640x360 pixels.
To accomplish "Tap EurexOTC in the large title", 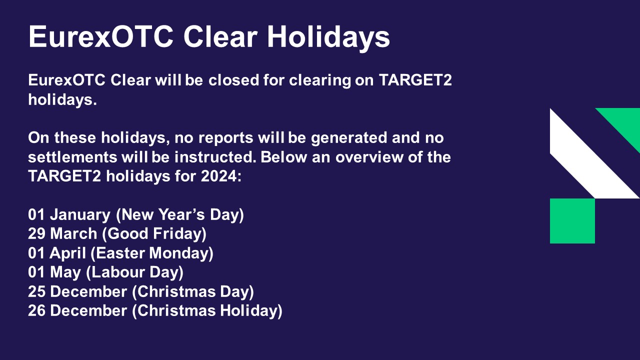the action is tap(101, 37).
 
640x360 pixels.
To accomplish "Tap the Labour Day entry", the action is tap(135, 272).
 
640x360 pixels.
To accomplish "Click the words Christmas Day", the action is tap(193, 291).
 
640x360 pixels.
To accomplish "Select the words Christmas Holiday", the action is tap(207, 311).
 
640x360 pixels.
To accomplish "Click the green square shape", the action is tap(572, 221).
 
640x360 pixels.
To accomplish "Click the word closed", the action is tap(233, 80).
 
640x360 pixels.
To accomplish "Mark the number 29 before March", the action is tap(36, 233).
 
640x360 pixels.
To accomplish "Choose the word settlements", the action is tap(72, 157).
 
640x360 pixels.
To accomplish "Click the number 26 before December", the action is tap(36, 311).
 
